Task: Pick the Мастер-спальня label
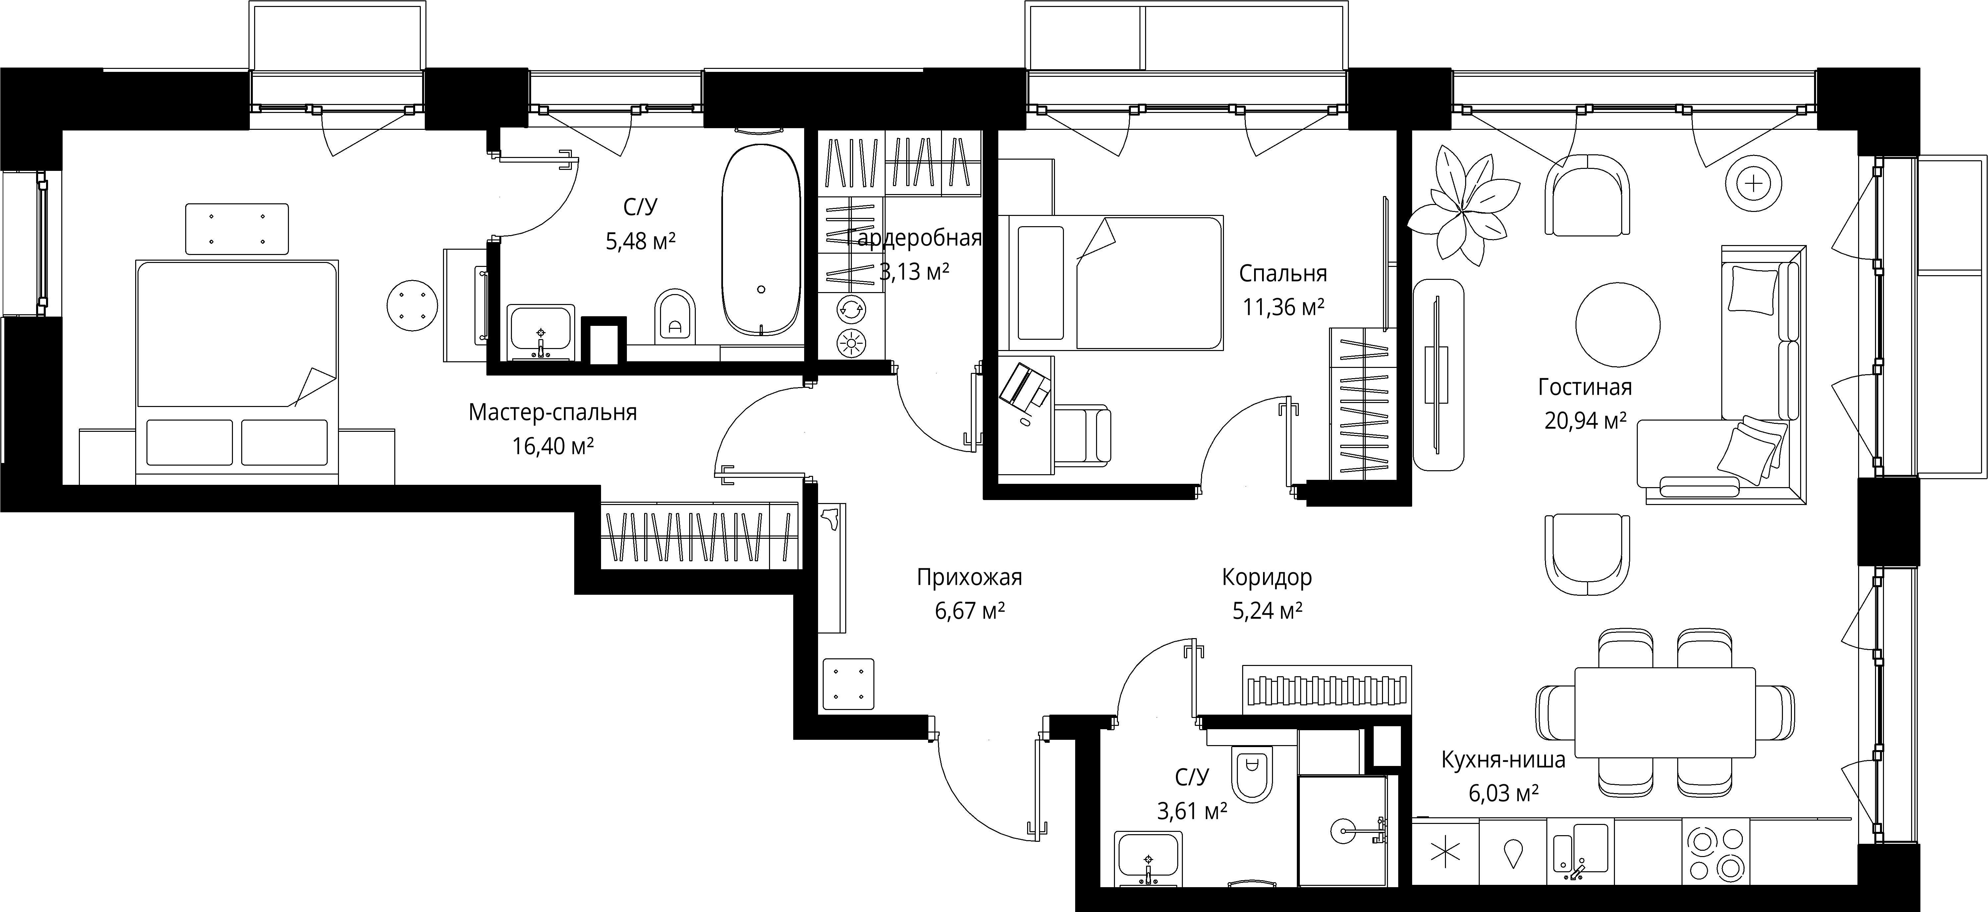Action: click(553, 413)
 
